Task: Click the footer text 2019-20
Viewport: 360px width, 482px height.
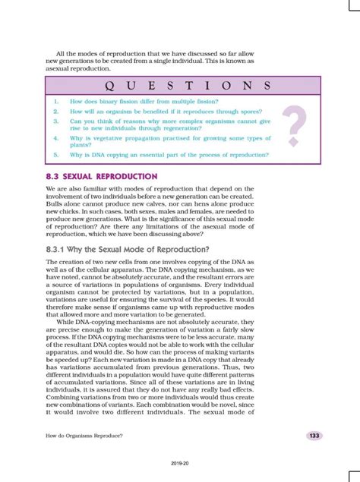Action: [180, 462]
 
